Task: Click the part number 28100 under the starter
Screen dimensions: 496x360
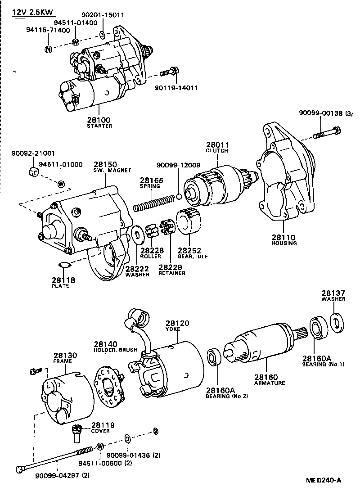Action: (x=99, y=120)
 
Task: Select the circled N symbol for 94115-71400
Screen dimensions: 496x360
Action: (x=48, y=49)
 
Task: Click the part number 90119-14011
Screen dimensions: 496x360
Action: (x=179, y=88)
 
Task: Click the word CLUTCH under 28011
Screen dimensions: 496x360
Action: (x=217, y=151)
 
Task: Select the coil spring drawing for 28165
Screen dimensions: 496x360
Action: (x=154, y=202)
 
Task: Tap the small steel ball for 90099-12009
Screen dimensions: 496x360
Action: (x=179, y=196)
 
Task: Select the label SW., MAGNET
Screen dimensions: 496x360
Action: (x=112, y=171)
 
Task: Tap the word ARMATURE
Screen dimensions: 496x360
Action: (x=269, y=383)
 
